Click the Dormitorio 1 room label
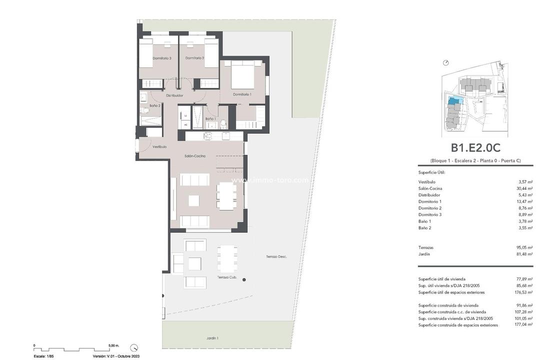[x=242, y=94]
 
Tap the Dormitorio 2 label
[x=194, y=58]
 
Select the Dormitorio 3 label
[x=162, y=58]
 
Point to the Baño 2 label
[x=155, y=105]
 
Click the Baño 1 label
[x=210, y=118]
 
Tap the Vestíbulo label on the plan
[x=159, y=146]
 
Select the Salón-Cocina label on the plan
[x=195, y=156]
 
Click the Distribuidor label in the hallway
[x=174, y=95]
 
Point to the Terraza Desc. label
[x=276, y=256]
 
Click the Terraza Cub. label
[x=226, y=277]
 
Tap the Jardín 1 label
[x=212, y=338]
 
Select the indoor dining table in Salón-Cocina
[x=226, y=195]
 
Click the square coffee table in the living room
[x=193, y=200]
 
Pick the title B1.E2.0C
[x=475, y=147]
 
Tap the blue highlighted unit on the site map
[x=454, y=101]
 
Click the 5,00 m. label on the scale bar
[x=113, y=345]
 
